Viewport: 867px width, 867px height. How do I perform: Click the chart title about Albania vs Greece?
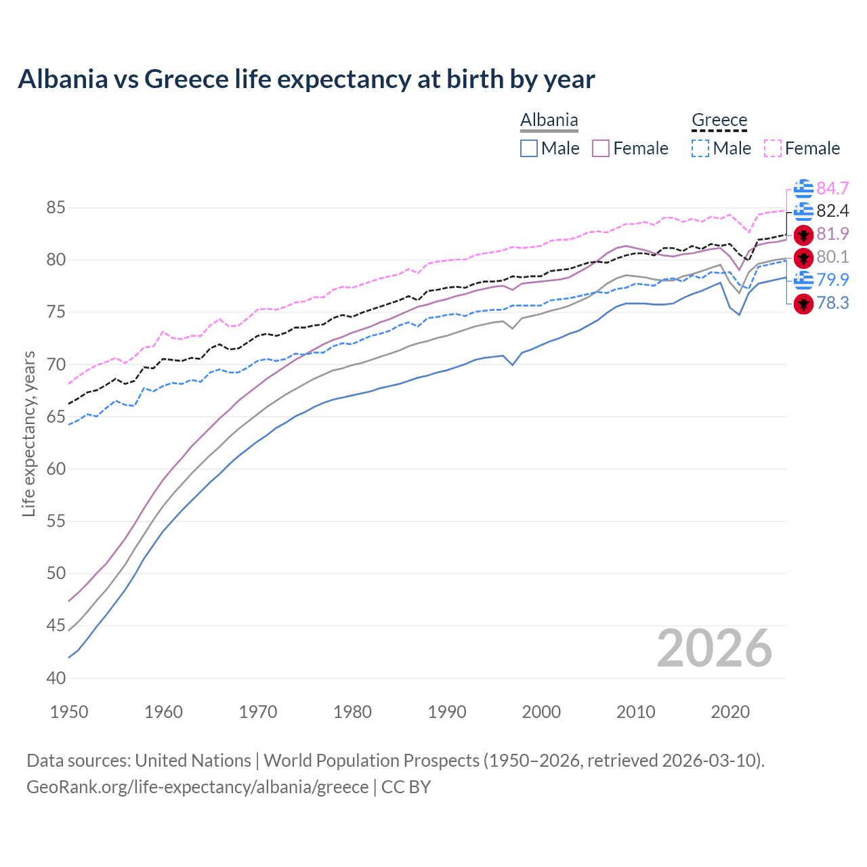coord(306,79)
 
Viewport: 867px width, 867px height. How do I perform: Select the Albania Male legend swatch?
coord(529,148)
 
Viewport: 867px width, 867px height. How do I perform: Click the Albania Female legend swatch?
coord(601,148)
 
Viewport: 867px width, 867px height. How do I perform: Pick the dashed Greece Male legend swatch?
coord(700,148)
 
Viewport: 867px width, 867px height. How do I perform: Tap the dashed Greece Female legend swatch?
coord(773,148)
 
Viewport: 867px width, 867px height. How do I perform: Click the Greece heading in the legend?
coord(719,121)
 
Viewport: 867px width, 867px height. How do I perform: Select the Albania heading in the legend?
coord(549,121)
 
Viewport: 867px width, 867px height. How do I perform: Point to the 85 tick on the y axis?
coord(56,208)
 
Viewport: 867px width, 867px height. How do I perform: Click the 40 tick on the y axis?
coord(56,678)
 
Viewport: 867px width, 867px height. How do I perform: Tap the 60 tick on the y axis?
coord(56,469)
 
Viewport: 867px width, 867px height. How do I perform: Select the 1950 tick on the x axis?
coord(69,712)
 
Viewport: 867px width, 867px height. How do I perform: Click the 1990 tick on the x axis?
coord(447,712)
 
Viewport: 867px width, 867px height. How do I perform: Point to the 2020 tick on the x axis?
coord(730,712)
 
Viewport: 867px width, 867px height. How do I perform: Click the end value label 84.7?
coord(832,188)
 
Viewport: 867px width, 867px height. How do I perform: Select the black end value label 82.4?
coord(832,211)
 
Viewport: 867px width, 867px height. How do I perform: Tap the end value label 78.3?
coord(832,303)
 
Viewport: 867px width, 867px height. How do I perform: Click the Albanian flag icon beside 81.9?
coord(803,235)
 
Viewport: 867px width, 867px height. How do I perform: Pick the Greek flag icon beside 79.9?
coord(803,280)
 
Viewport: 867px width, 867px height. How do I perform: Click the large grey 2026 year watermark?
coord(714,649)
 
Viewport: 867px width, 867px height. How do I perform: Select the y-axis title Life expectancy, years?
coord(28,433)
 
